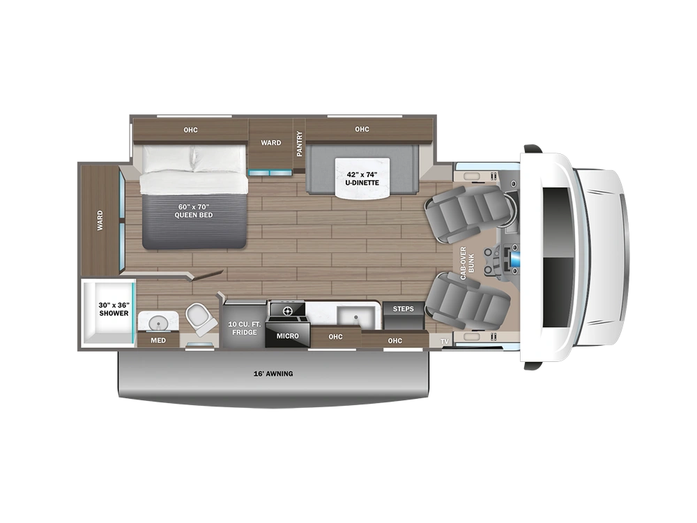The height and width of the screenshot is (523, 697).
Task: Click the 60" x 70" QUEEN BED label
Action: [194, 211]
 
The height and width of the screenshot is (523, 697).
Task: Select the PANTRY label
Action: [299, 144]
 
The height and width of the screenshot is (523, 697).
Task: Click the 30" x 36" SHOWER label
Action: [114, 308]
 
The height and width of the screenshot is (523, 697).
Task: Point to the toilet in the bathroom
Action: [201, 320]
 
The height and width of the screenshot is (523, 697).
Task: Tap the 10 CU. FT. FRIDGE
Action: [243, 328]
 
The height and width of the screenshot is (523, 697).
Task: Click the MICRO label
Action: [287, 336]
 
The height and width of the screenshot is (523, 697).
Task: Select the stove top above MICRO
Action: [286, 310]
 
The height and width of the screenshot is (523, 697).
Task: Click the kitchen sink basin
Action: [357, 317]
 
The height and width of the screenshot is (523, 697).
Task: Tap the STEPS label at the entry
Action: [403, 309]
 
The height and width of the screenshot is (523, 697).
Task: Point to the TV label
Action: [444, 340]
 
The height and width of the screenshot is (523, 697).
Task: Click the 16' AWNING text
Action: [273, 374]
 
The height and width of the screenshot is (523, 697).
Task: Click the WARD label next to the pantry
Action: [271, 143]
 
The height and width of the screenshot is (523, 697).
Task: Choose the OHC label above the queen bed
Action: [190, 129]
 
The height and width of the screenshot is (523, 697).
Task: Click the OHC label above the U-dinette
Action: [361, 129]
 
